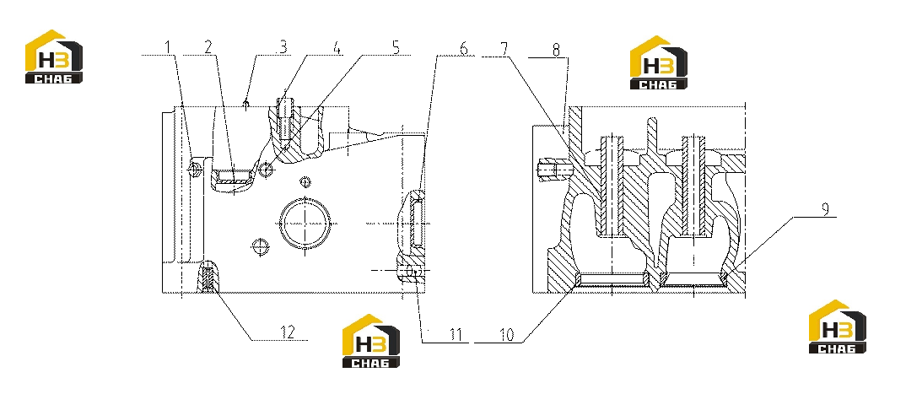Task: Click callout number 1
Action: (x=168, y=46)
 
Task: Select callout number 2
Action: (x=208, y=46)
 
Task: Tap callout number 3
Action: (x=282, y=46)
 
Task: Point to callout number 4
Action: (x=336, y=46)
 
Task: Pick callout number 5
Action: (x=396, y=46)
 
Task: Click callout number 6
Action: (x=464, y=49)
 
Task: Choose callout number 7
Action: (x=504, y=49)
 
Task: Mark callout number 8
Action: (x=556, y=50)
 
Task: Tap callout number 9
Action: (x=825, y=209)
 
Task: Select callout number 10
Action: (x=506, y=335)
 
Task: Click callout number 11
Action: (x=456, y=335)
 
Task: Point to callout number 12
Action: (x=288, y=332)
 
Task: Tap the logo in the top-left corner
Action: (x=54, y=57)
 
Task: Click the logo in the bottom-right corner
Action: (x=837, y=327)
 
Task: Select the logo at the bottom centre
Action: (x=371, y=341)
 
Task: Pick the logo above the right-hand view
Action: (x=658, y=62)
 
